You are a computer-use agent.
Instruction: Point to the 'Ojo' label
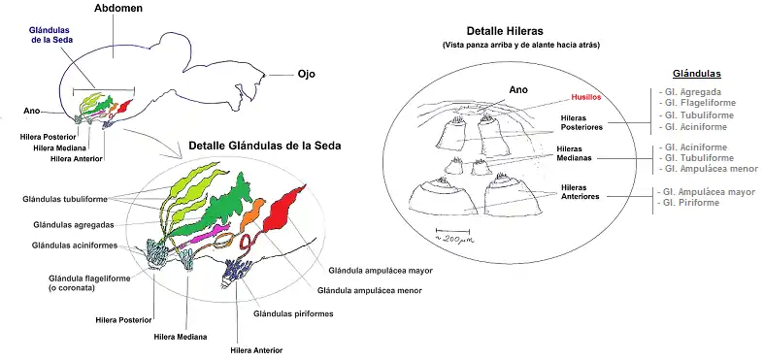[x=305, y=74]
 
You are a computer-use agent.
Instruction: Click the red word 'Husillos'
[x=588, y=98]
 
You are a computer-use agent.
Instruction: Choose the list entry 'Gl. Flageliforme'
[x=697, y=103]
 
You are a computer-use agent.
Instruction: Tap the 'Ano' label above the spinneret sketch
[x=518, y=92]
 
